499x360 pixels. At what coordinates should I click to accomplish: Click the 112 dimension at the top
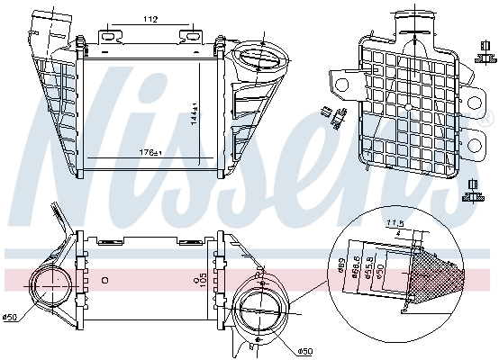point(150,20)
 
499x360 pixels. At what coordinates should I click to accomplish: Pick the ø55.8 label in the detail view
point(369,267)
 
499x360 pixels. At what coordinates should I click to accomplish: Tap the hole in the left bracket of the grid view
point(342,85)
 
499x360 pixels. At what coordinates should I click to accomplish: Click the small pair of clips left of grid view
point(331,114)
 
